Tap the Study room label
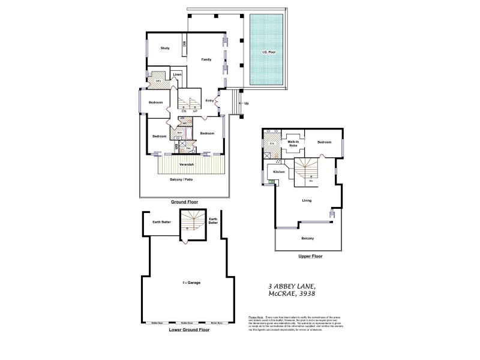(166, 48)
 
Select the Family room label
(206, 60)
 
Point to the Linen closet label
(177, 74)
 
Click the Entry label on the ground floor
(209, 100)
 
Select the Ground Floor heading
(184, 202)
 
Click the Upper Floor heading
(310, 256)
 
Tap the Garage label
(184, 283)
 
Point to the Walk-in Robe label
(293, 143)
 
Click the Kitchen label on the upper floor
(279, 172)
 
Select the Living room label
(307, 201)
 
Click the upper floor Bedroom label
(324, 142)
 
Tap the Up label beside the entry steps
(246, 103)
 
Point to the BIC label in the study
(184, 43)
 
